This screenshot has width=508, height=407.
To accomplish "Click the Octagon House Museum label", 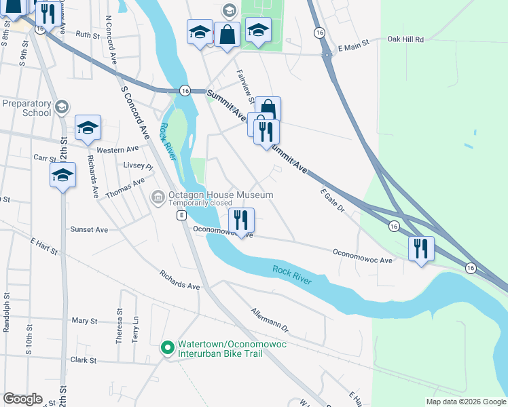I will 221,195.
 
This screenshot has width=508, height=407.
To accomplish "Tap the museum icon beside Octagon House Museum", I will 158,197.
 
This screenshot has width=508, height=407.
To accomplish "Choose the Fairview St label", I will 244,86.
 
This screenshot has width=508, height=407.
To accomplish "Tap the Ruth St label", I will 88,34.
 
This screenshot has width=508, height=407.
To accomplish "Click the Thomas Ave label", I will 125,188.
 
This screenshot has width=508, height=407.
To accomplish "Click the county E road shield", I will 181,215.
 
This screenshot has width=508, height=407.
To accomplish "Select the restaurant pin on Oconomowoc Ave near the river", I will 241,219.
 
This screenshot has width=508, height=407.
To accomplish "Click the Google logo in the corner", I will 22,399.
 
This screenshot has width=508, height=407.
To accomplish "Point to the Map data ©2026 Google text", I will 466,402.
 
